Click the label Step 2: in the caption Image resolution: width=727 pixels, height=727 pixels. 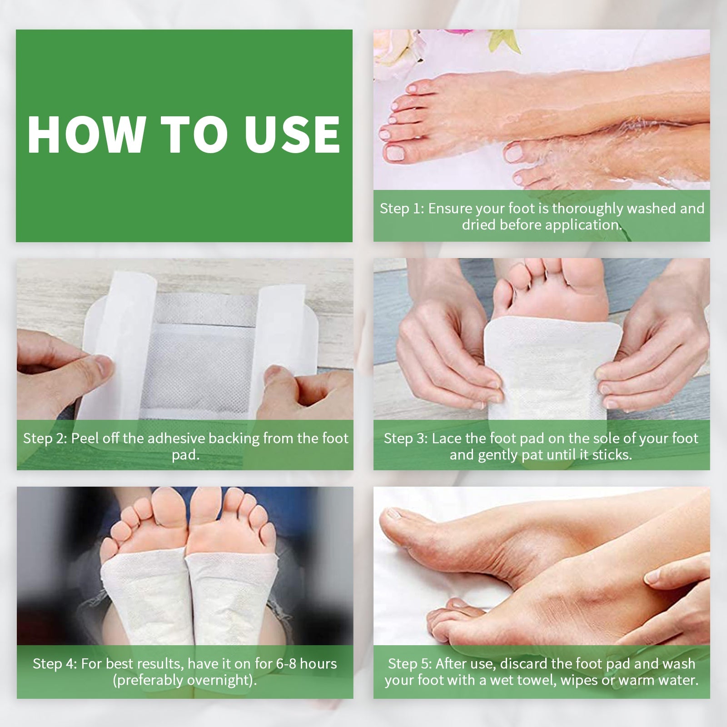point(45,438)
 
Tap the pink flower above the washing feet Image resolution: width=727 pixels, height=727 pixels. point(459,34)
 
